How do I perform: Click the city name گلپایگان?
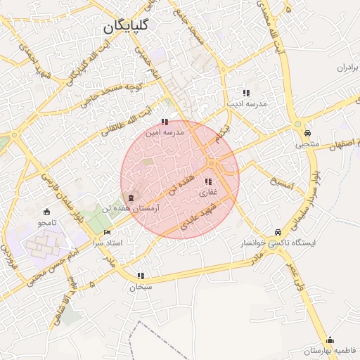[126, 28]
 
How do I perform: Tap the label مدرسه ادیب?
[246, 104]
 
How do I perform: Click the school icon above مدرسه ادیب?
[245, 93]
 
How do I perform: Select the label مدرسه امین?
[164, 131]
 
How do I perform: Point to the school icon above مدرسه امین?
[165, 122]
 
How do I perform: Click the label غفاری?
[208, 192]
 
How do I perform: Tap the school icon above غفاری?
[207, 182]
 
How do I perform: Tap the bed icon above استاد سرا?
[107, 232]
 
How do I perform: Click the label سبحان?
[141, 287]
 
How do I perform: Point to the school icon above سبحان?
[141, 276]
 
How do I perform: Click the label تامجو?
[47, 223]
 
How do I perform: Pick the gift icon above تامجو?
[47, 212]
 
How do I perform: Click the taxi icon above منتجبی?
[307, 133]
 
